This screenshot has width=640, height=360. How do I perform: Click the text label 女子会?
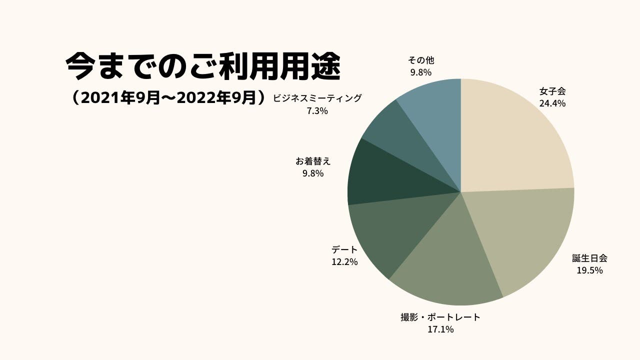point(552,91)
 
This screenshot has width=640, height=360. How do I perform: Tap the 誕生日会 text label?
point(590,258)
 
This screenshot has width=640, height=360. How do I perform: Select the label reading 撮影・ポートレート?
point(440,317)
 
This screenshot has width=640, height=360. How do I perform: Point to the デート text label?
point(344,249)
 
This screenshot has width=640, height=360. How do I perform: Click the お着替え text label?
point(313,161)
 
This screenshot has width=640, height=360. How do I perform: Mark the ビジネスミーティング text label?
point(317,98)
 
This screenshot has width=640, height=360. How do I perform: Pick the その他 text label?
point(421,60)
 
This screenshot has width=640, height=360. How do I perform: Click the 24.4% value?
point(552,104)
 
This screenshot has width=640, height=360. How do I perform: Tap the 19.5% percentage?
point(590,270)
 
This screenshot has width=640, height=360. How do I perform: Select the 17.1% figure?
point(440,329)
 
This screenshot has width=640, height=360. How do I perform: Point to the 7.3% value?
point(317,111)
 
